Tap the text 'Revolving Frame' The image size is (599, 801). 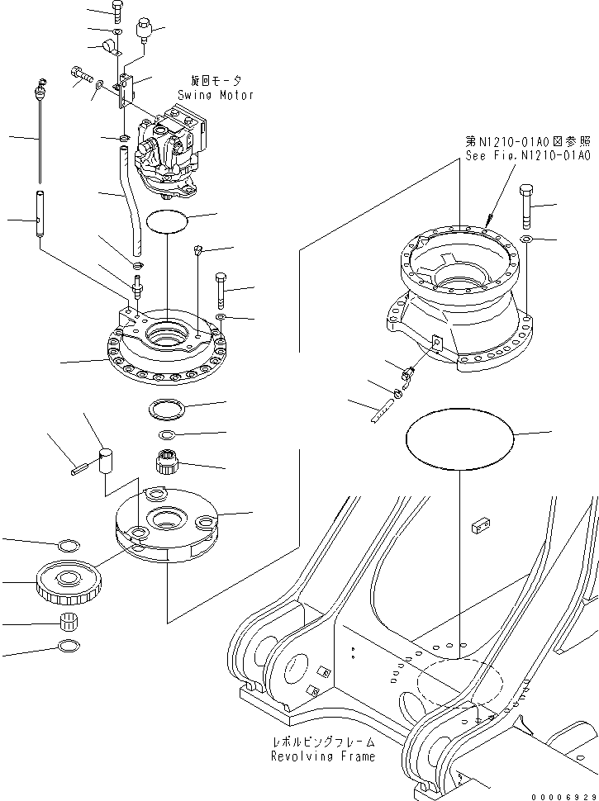pyautogui.click(x=322, y=756)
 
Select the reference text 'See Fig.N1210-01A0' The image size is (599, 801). pyautogui.click(x=527, y=154)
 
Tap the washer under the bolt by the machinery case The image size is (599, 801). pyautogui.click(x=525, y=240)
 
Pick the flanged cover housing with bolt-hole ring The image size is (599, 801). pyautogui.click(x=165, y=347)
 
